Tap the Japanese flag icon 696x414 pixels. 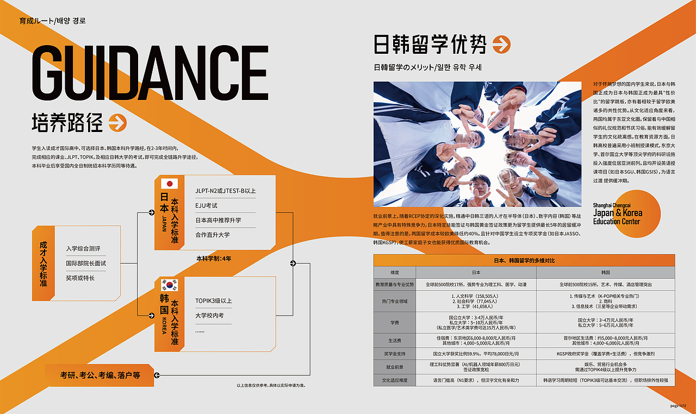pyautogui.click(x=169, y=184)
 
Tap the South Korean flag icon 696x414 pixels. pyautogui.click(x=169, y=285)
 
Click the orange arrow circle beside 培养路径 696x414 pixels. pyautogui.click(x=117, y=123)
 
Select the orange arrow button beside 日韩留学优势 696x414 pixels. pyautogui.click(x=501, y=45)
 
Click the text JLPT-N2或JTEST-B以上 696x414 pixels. pyautogui.click(x=225, y=191)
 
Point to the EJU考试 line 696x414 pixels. pyautogui.click(x=207, y=206)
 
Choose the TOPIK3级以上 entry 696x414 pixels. pyautogui.click(x=214, y=300)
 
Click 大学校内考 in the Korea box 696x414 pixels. pyautogui.click(x=209, y=315)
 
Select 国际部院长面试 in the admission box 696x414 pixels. pyautogui.click(x=86, y=264)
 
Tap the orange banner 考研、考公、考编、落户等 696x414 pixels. pyautogui.click(x=100, y=375)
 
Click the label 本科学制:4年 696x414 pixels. pyautogui.click(x=214, y=259)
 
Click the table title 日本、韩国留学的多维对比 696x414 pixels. pyautogui.click(x=524, y=261)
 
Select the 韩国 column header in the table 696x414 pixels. pyautogui.click(x=605, y=272)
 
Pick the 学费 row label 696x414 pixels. pyautogui.click(x=395, y=322)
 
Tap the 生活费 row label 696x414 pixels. pyautogui.click(x=395, y=341)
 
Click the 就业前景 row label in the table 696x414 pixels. pyautogui.click(x=395, y=367)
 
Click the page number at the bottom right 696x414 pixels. pyautogui.click(x=681, y=405)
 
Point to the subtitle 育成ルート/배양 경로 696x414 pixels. pyautogui.click(x=53, y=21)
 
